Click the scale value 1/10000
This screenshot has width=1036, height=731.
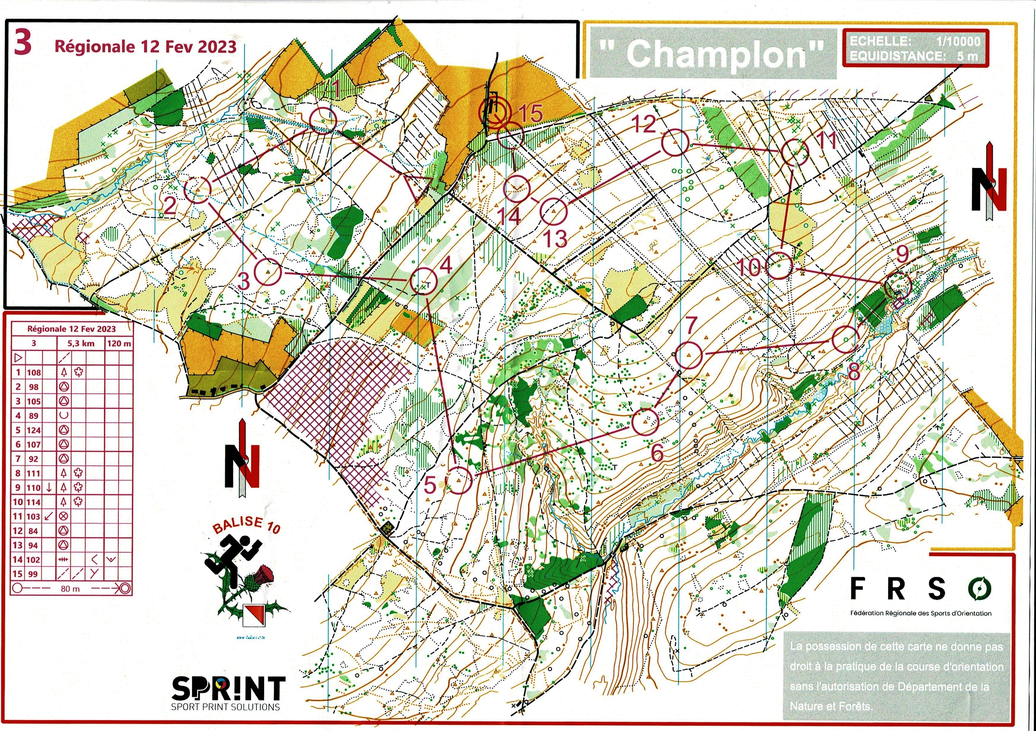tap(958, 41)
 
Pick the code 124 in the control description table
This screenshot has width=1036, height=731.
tap(34, 430)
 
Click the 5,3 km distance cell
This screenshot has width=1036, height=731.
tap(81, 343)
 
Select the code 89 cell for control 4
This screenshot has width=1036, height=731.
tap(34, 415)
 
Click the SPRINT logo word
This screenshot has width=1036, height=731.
tap(228, 688)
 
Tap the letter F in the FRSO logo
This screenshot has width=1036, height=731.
tap(857, 588)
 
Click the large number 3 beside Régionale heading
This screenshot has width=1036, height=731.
tap(23, 43)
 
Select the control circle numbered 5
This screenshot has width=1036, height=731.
tap(459, 480)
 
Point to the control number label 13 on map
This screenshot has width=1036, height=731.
tap(555, 238)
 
